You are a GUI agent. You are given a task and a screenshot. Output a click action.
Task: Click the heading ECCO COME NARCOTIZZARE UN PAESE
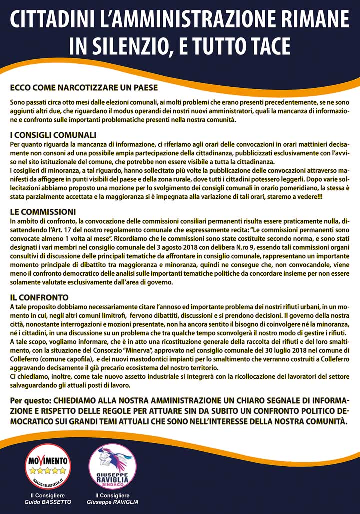pyautogui.click(x=84, y=88)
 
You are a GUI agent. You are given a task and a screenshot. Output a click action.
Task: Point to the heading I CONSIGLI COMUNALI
pyautogui.click(x=53, y=135)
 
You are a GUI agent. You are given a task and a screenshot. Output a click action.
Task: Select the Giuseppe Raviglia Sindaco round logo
pyautogui.click(x=112, y=466)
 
